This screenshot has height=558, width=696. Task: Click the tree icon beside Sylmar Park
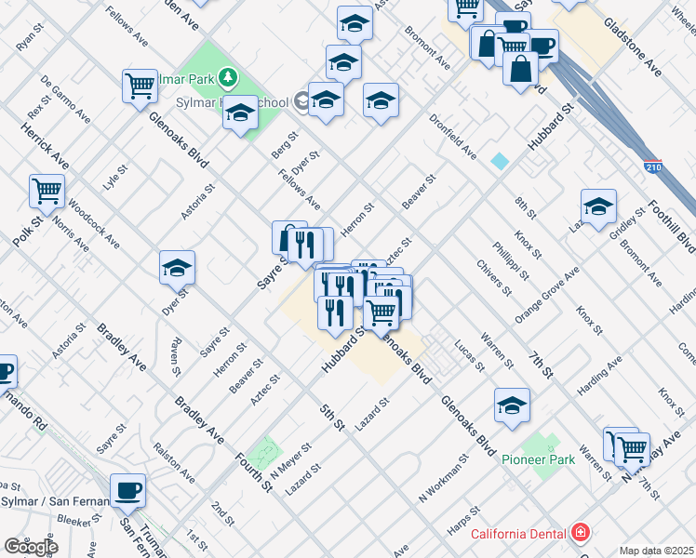click(228, 78)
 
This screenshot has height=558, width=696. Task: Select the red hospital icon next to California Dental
click(581, 533)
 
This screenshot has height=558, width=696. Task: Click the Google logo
click(31, 546)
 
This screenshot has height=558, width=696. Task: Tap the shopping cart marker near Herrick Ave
click(47, 193)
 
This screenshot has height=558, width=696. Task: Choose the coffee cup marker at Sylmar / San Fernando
click(127, 491)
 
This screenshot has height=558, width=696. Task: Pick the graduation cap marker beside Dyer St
click(177, 269)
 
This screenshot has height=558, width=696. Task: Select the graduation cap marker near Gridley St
click(598, 206)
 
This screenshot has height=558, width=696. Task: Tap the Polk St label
click(27, 232)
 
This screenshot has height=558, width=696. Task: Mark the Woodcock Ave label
click(93, 221)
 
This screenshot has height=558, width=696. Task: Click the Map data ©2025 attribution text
click(657, 551)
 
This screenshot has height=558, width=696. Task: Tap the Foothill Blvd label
click(672, 227)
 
